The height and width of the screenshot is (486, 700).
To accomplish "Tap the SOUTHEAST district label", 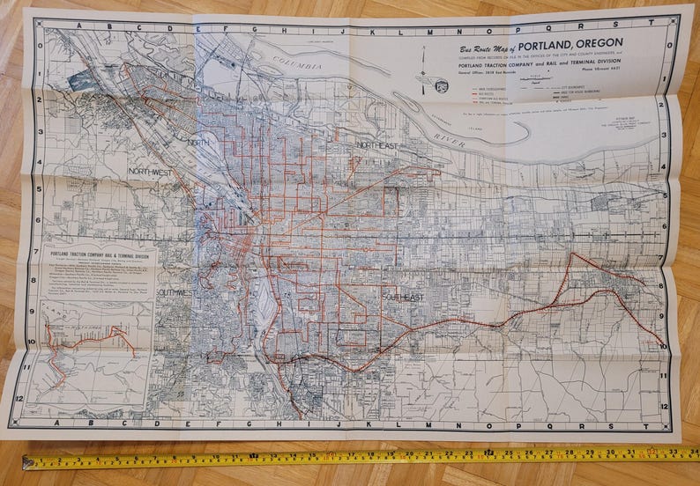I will click(x=403, y=298).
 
